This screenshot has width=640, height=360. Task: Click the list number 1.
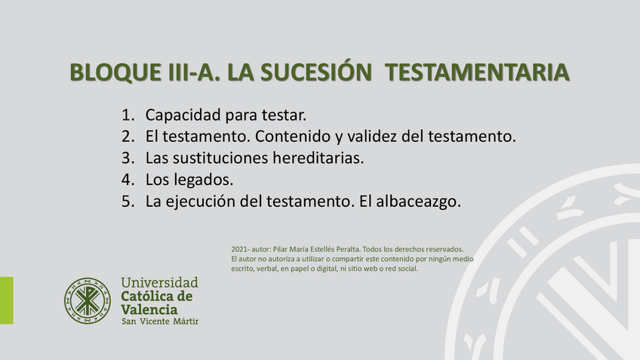pos(127,115)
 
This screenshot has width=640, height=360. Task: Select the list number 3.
pos(127,158)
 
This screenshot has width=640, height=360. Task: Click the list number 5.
pos(127,202)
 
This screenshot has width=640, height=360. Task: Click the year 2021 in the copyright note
pos(239,249)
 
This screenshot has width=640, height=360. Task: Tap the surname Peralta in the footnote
pos(342,249)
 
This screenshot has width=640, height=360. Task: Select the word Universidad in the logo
pos(160,283)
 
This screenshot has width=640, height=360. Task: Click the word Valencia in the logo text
pos(149,309)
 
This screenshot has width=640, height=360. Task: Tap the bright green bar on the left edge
pos(6,300)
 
